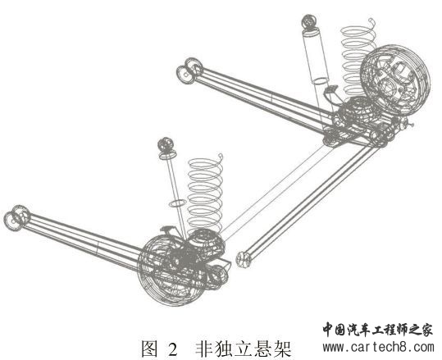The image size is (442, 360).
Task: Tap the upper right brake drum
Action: pyautogui.click(x=394, y=80)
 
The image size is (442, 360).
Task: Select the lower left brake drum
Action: pyautogui.click(x=172, y=271)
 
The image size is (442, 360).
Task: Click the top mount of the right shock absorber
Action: pyautogui.click(x=309, y=21)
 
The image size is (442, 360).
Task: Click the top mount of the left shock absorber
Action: pyautogui.click(x=166, y=145)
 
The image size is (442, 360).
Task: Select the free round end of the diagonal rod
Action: pyautogui.click(x=244, y=260)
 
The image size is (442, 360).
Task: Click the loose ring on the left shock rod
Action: pyautogui.click(x=177, y=203)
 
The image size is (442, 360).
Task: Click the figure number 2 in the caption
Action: pyautogui.click(x=172, y=349)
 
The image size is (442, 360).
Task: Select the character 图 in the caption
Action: pyautogui.click(x=149, y=349)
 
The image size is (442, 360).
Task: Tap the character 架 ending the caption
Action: pyautogui.click(x=282, y=349)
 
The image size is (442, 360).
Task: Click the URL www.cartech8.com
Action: pyautogui.click(x=379, y=347)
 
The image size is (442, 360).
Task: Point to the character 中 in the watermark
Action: pyautogui.click(x=329, y=329)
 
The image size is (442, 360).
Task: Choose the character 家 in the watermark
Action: pyautogui.click(x=426, y=329)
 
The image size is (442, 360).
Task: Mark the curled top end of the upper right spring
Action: pyautogui.click(x=372, y=21)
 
